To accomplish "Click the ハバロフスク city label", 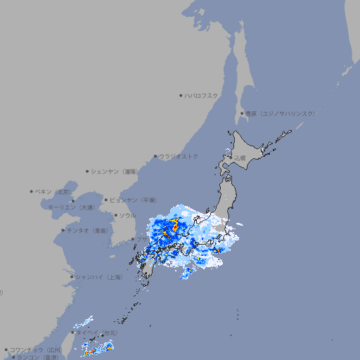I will pyautogui.click(x=202, y=95).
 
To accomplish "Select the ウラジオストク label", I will pyautogui.click(x=179, y=156).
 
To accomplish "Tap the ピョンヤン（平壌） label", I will pyautogui.click(x=133, y=200).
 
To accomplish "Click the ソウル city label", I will pyautogui.click(x=127, y=215).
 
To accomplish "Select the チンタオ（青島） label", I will pyautogui.click(x=88, y=230).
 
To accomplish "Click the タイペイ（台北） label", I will pyautogui.click(x=96, y=332).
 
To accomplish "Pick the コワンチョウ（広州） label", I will pyautogui.click(x=35, y=349).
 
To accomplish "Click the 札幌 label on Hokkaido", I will pyautogui.click(x=240, y=158).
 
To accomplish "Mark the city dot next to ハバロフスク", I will pyautogui.click(x=181, y=95).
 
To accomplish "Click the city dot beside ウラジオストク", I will pyautogui.click(x=155, y=156).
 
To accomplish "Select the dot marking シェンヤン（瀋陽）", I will pyautogui.click(x=87, y=171).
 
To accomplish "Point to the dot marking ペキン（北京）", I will pyautogui.click(x=32, y=191).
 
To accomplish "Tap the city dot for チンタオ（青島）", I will pyautogui.click(x=63, y=230).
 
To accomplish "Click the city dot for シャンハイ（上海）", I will pyautogui.click(x=72, y=277).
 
